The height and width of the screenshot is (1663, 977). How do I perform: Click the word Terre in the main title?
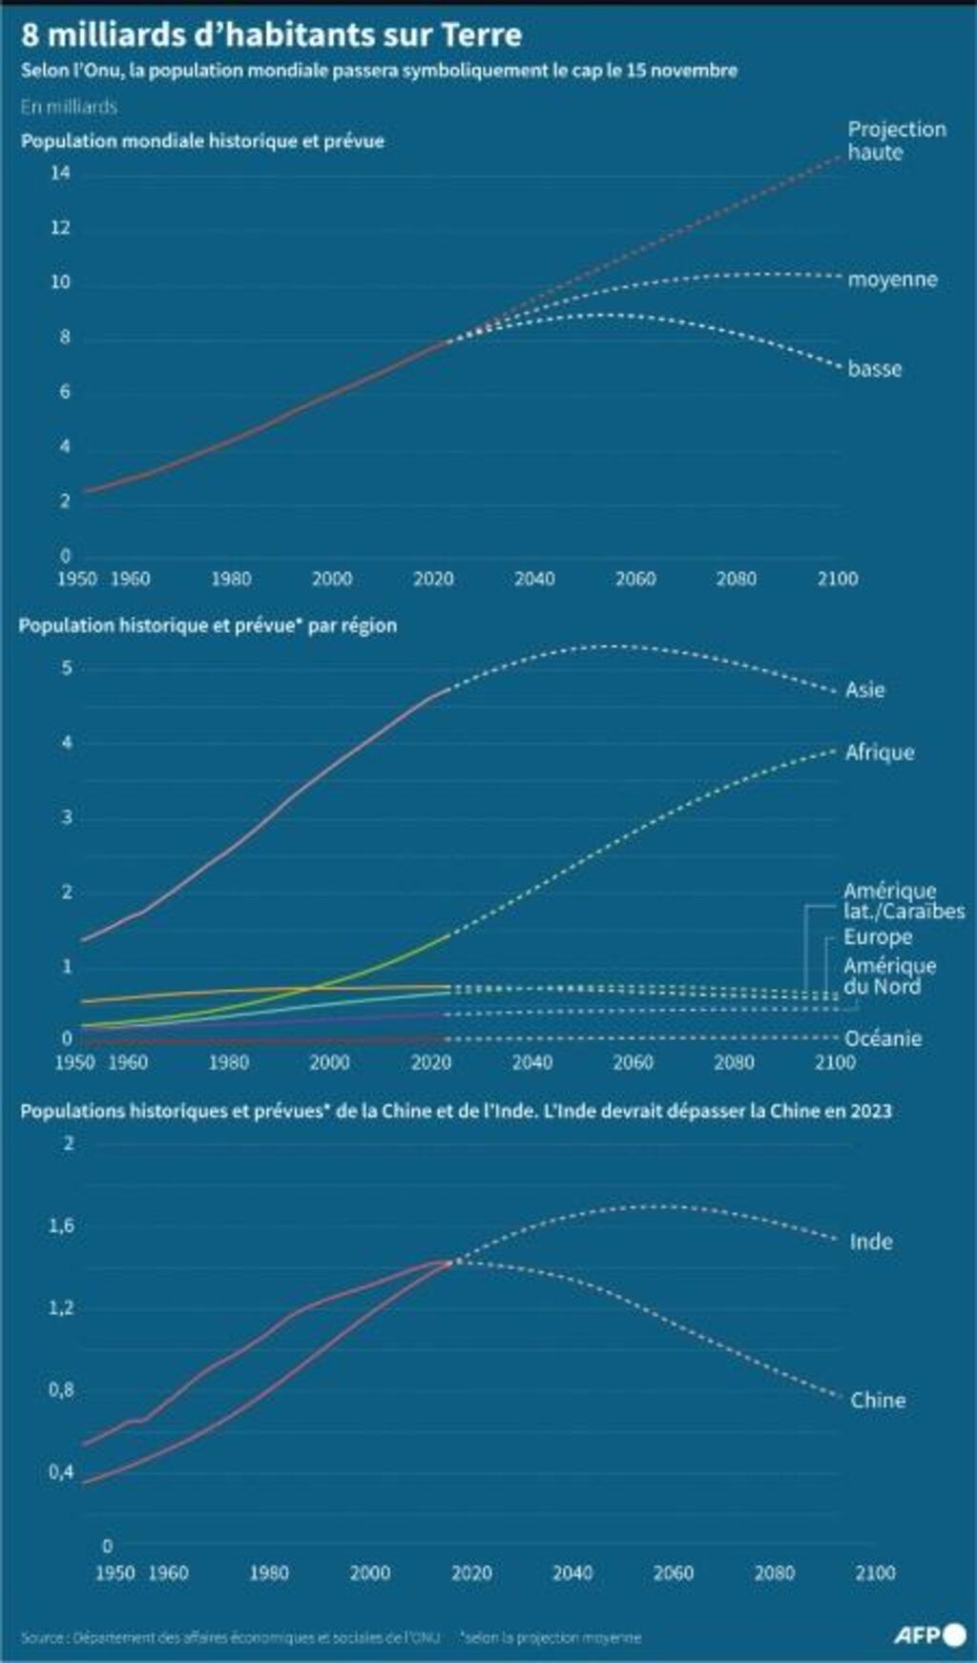[482, 35]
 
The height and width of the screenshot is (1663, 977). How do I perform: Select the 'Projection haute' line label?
[896, 140]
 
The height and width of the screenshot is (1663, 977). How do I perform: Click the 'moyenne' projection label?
[892, 279]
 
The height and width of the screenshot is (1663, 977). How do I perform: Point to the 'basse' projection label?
[874, 369]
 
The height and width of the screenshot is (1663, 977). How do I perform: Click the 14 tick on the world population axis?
[61, 173]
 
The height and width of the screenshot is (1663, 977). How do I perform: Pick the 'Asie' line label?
[864, 689]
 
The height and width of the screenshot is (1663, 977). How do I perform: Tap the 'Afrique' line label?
[879, 752]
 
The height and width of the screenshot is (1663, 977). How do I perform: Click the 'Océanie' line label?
[883, 1038]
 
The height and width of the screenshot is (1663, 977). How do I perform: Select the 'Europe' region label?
[877, 936]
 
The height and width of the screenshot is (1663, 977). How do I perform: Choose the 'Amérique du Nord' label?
[889, 975]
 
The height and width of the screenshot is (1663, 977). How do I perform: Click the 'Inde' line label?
[871, 1242]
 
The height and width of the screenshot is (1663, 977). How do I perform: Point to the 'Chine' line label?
[878, 1400]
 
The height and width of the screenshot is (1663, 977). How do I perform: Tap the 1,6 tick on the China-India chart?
[62, 1225]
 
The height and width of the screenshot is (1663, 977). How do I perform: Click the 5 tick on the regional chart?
[67, 667]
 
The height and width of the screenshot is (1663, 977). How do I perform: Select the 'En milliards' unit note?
[69, 106]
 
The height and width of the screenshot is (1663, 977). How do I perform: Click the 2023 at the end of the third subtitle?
[871, 1110]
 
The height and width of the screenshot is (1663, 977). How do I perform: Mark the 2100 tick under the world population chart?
[837, 578]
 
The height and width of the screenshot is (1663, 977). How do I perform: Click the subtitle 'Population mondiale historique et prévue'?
[202, 141]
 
